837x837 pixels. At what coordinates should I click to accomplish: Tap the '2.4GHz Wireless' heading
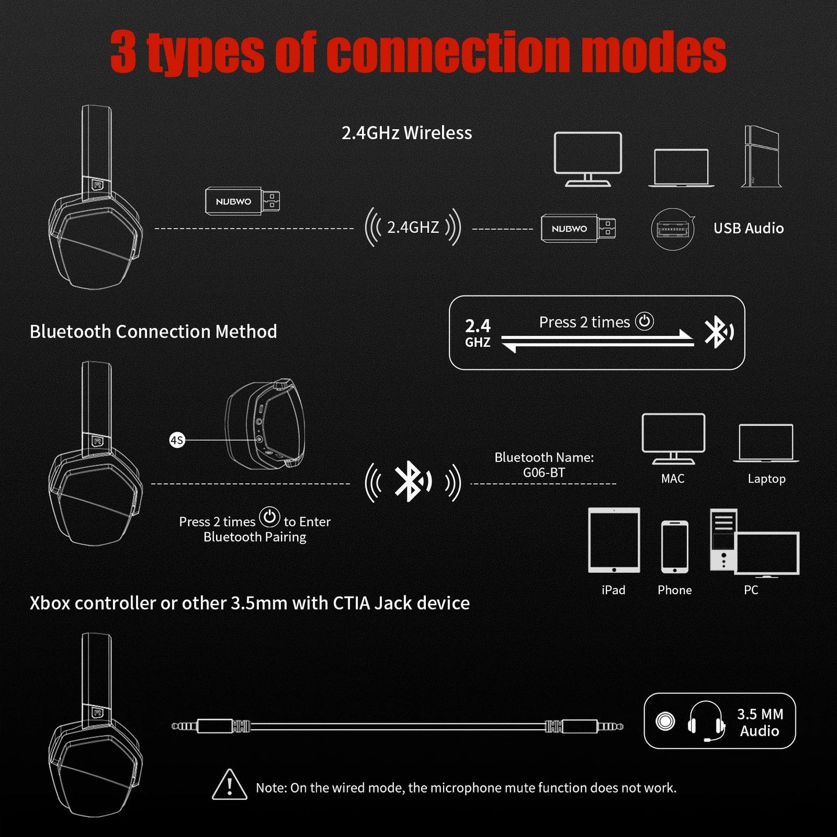pos(407,133)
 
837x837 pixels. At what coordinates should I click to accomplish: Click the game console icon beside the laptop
pos(761,156)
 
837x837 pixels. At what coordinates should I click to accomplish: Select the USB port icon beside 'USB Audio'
pos(672,229)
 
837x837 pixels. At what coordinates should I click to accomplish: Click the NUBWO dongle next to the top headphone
pos(242,201)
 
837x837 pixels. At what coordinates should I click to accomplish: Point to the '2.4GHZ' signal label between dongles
pos(412,227)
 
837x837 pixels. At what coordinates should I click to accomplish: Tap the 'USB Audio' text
pos(748,228)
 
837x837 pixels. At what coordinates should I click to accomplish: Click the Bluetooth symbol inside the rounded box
pos(718,333)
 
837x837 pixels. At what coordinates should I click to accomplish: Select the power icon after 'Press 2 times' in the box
pos(644,321)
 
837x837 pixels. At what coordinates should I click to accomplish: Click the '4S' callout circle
pos(177,440)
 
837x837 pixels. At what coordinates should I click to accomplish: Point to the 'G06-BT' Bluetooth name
pos(544,473)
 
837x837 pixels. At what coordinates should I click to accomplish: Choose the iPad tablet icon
pos(614,540)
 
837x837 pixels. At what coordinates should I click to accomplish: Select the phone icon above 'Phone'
pos(675,547)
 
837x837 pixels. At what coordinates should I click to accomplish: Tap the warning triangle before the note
pos(229,785)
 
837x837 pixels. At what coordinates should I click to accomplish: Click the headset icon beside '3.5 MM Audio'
pos(706,721)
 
